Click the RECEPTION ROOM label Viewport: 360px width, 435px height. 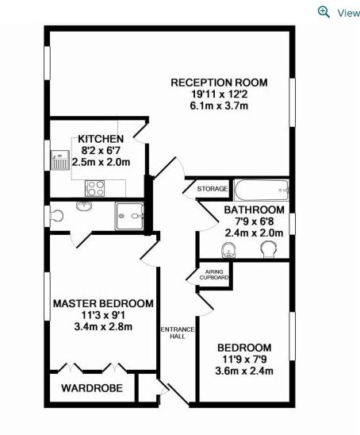(x=219, y=83)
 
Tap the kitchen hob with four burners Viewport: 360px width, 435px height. (x=95, y=188)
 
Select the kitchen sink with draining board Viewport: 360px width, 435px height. (x=59, y=160)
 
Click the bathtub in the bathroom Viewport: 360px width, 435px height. (x=262, y=190)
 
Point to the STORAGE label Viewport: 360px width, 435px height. (x=213, y=189)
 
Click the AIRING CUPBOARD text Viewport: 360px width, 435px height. (x=214, y=275)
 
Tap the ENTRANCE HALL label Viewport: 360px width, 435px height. (x=178, y=333)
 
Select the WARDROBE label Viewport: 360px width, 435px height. (x=92, y=388)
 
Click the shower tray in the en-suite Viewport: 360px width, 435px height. (x=129, y=216)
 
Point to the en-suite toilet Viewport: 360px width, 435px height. (x=56, y=216)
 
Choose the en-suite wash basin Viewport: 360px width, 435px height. (x=84, y=206)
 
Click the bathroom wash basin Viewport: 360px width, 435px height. (x=229, y=250)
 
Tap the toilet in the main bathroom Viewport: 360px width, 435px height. (x=269, y=248)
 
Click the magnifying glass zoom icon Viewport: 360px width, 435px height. (x=324, y=12)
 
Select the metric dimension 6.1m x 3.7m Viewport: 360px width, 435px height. (x=219, y=106)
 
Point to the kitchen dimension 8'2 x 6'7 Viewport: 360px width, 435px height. (x=101, y=151)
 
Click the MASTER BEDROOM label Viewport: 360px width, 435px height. (x=103, y=303)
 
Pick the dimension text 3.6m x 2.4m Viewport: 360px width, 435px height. (x=244, y=371)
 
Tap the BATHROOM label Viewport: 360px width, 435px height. (x=254, y=210)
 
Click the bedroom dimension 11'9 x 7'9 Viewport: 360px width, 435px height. (x=244, y=360)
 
